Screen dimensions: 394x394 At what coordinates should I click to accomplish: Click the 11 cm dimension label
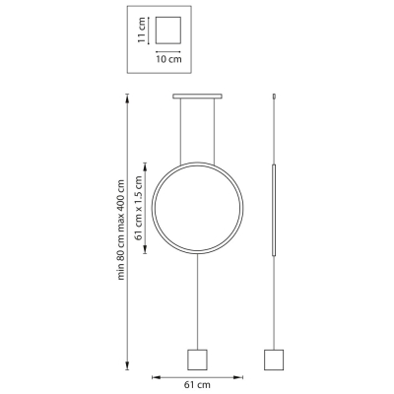142,31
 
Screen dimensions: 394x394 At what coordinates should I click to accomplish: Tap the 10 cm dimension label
168,59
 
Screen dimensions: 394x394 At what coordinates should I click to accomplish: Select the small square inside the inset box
168,31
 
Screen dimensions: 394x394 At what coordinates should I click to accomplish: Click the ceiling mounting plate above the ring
197,97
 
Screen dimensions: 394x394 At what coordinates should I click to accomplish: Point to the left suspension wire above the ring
180,131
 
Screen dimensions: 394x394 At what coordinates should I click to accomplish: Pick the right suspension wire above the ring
214,131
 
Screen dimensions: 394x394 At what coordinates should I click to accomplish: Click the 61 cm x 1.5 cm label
139,208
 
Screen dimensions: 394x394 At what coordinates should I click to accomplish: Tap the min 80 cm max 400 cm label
121,230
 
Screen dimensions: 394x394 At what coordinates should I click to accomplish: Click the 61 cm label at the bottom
197,384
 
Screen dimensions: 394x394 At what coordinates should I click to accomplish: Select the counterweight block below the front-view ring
197,360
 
